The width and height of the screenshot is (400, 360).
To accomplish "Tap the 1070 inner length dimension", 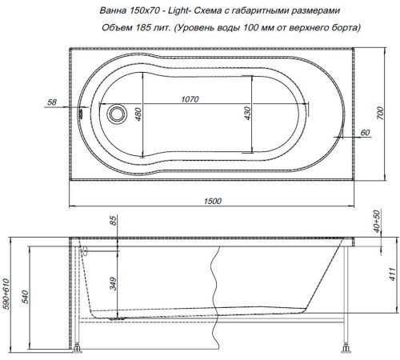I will [x=190, y=99].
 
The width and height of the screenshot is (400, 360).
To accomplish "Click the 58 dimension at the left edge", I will [x=53, y=103].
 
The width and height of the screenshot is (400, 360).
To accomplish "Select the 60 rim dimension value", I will [x=364, y=131].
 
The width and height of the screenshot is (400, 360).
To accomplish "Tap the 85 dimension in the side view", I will [x=114, y=220].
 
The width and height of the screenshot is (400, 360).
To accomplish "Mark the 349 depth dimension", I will [x=114, y=282].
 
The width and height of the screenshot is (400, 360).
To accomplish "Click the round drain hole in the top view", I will [x=118, y=114].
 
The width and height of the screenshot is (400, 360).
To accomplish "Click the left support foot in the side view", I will [x=79, y=348].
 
